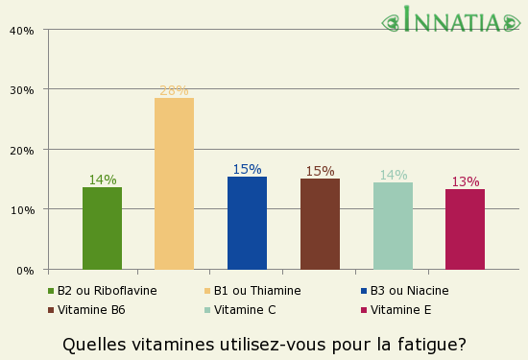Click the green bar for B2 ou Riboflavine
102,228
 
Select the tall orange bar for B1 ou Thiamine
174,183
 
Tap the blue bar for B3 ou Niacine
247,223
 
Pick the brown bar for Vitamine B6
320,224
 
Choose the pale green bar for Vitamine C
393,226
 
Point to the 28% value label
174,91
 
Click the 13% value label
465,182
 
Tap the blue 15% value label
247,170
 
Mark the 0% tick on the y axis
25,270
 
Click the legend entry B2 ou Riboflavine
107,291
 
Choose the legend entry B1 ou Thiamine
256,291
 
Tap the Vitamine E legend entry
400,310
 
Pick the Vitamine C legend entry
244,310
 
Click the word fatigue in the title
428,344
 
